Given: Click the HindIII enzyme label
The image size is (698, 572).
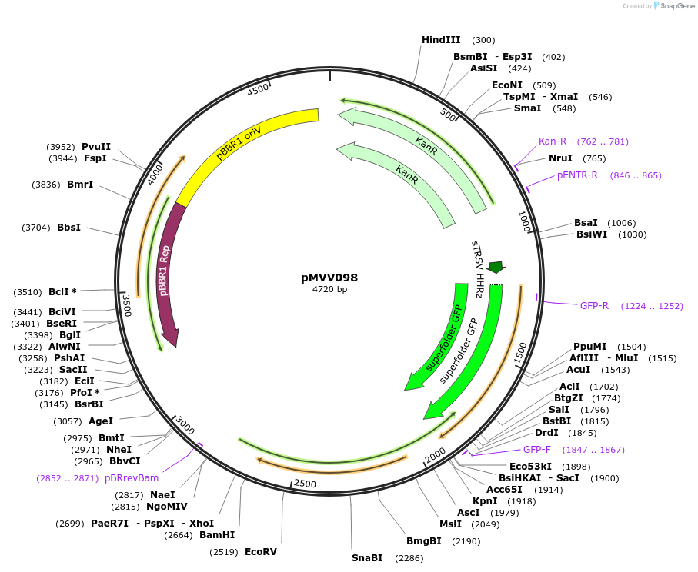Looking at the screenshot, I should click(441, 40).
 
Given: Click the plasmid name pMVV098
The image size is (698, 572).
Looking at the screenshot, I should click(329, 278).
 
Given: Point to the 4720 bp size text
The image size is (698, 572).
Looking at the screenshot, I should click(329, 290).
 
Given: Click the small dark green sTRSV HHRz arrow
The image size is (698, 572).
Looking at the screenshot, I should click(496, 267).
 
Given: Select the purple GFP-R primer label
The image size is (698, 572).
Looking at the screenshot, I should click(594, 306).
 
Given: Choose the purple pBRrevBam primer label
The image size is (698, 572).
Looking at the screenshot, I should click(132, 478).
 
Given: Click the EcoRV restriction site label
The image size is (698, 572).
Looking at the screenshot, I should click(260, 552).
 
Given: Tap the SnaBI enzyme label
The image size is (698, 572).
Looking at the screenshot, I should click(367, 558).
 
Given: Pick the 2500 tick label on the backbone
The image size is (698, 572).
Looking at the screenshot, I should click(305, 484).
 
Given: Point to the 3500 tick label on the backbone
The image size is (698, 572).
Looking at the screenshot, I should click(127, 305).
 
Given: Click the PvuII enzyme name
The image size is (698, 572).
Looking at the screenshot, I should click(96, 147).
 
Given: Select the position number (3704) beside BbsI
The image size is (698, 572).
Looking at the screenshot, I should click(37, 228).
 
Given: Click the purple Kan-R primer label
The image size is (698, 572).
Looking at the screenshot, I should click(553, 141).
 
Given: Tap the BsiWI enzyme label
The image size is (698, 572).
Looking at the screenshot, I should click(591, 234).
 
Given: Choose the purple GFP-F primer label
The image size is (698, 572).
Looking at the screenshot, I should click(537, 450).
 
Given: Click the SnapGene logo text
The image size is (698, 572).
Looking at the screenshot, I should click(675, 6).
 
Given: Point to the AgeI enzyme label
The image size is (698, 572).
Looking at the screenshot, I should click(101, 421).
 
